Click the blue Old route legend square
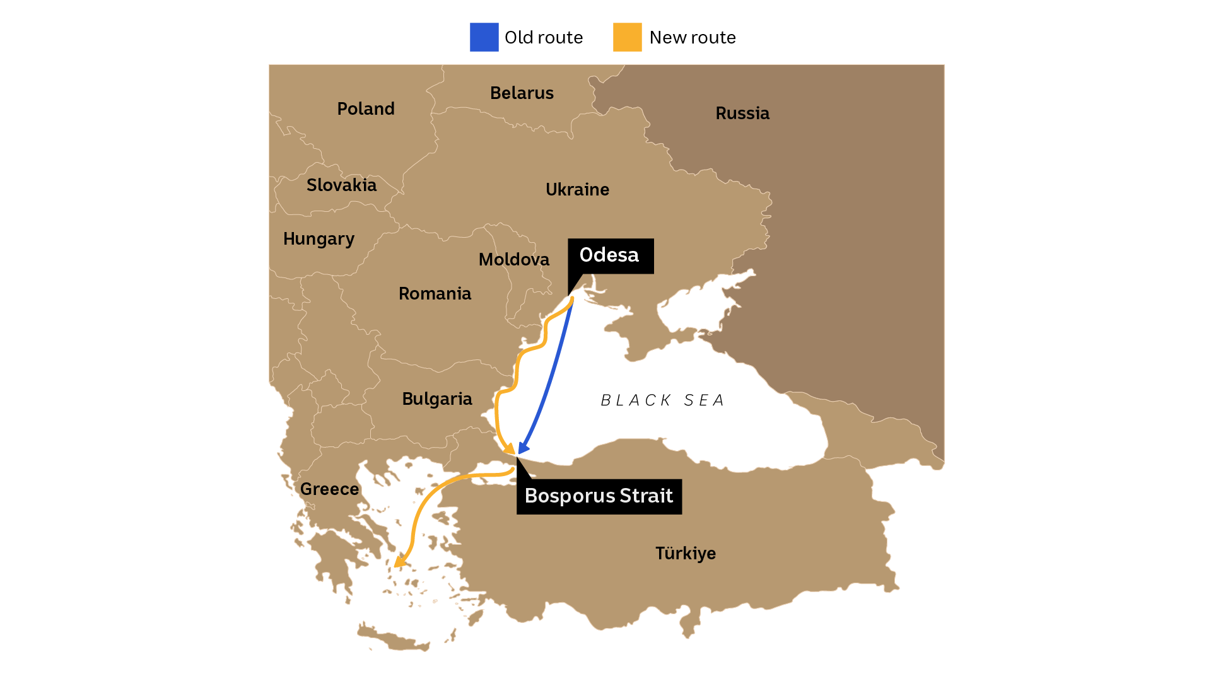click(x=484, y=37)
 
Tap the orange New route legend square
click(x=627, y=37)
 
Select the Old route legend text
click(x=544, y=38)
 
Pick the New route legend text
click(x=693, y=38)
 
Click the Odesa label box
click(x=610, y=255)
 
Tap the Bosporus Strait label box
click(x=599, y=496)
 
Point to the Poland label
click(x=366, y=109)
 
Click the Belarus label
click(x=522, y=93)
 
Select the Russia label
click(x=742, y=113)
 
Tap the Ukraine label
click(x=577, y=190)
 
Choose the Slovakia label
click(x=341, y=185)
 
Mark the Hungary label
click(x=319, y=239)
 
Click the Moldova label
click(x=513, y=260)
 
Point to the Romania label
click(x=435, y=294)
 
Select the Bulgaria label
click(x=437, y=399)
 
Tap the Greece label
click(x=329, y=489)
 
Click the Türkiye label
click(x=686, y=554)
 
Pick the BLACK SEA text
click(x=662, y=400)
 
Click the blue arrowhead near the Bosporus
click(x=522, y=447)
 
